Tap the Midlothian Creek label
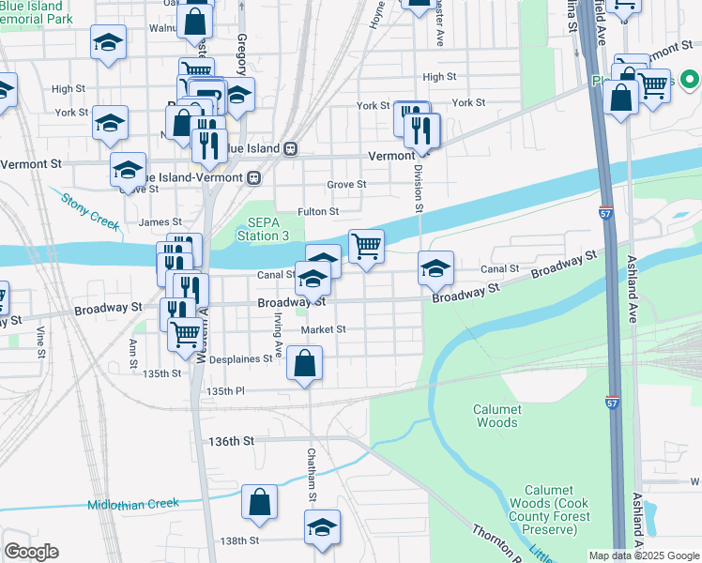point(133,504)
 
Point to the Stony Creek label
point(91,212)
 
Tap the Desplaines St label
point(243,358)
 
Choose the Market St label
point(324,329)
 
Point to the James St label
point(160,221)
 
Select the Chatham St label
point(312,474)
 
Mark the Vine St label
point(41,342)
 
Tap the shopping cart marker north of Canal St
point(366,247)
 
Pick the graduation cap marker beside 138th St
point(322,527)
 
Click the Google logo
point(31,552)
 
